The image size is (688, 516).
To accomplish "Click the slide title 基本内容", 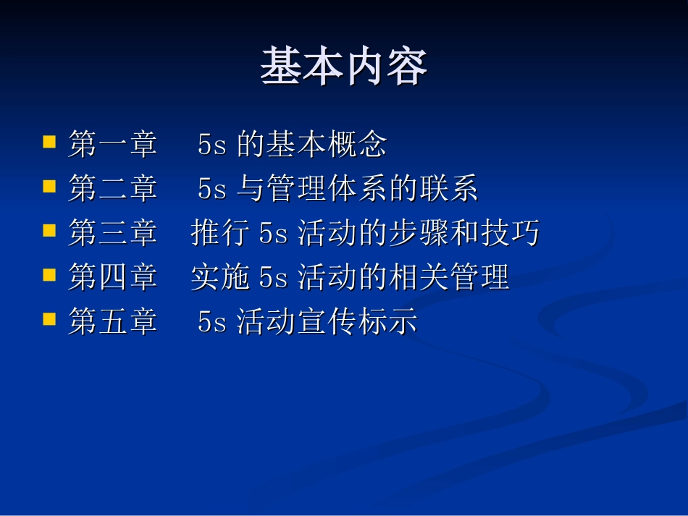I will (344, 67).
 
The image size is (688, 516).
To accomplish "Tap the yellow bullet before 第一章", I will (49, 140).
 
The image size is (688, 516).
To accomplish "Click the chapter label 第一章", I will (113, 145).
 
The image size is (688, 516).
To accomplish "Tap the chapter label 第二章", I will (113, 190).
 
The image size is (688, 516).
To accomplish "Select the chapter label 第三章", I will (113, 234).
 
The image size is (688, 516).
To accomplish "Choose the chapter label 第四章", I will (113, 278).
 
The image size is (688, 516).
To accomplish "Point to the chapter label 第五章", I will (113, 322).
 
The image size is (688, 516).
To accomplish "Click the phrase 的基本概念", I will (312, 145).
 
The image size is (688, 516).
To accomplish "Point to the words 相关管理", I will (448, 278).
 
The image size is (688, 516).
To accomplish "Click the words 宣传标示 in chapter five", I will (358, 322).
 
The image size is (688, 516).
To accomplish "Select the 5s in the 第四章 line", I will (274, 279).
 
